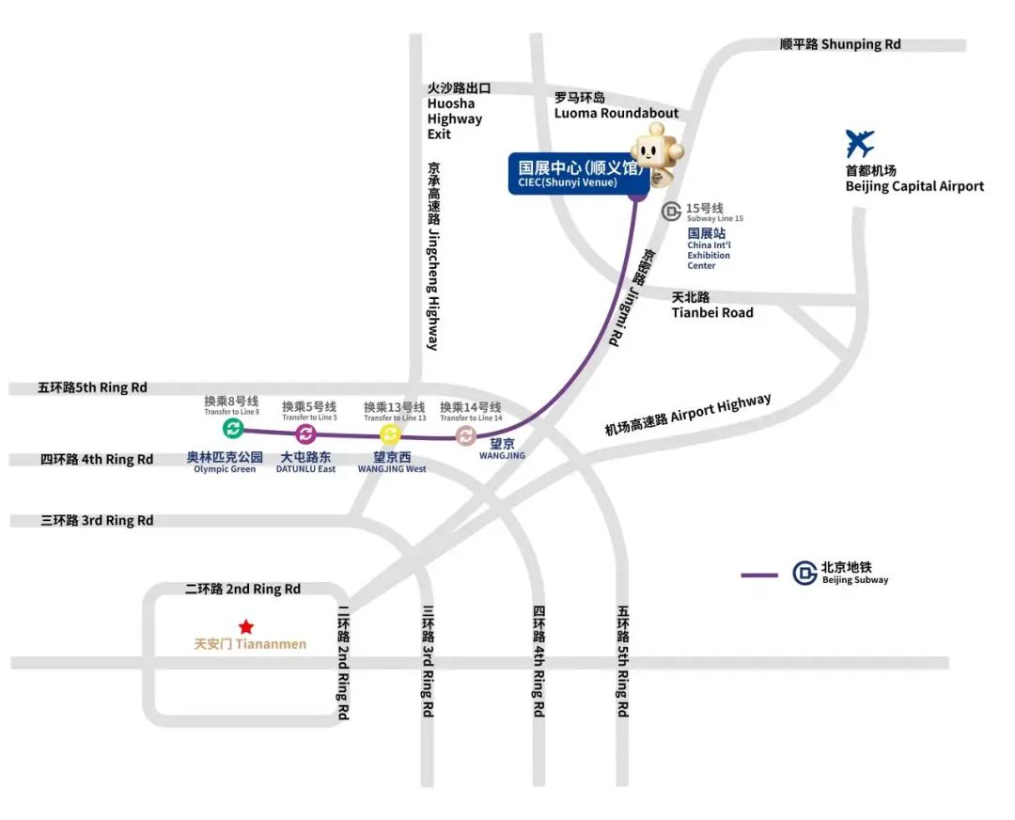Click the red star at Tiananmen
[x=245, y=626]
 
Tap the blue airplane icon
[x=859, y=144]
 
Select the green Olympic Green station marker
[x=233, y=429]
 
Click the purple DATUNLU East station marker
[x=305, y=434]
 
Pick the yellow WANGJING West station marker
[x=390, y=434]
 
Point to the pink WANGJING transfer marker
[x=465, y=435]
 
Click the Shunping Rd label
[x=840, y=44]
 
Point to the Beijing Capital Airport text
[x=914, y=186]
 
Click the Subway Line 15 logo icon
[x=672, y=212]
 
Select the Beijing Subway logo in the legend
[x=804, y=573]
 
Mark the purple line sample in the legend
[x=759, y=575]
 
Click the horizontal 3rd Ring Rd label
[x=97, y=520]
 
